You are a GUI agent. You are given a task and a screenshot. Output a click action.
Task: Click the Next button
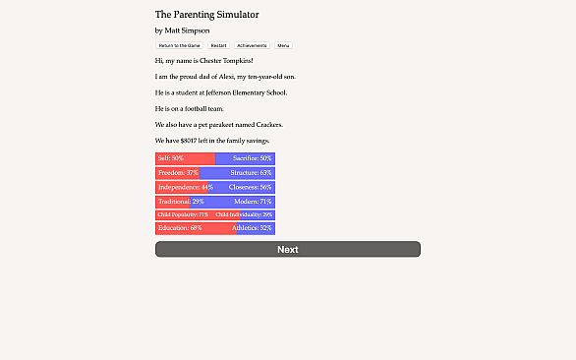(x=287, y=249)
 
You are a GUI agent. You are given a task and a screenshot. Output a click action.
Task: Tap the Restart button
(x=218, y=45)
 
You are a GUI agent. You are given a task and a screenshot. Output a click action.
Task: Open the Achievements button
(x=252, y=45)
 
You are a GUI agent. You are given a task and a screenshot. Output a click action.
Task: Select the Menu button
(x=283, y=45)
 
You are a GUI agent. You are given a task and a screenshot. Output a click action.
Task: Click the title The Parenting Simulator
(x=207, y=15)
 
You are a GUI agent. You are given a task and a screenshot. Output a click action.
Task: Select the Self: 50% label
(x=171, y=158)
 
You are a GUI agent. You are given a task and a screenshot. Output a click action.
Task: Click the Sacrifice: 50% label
(x=252, y=158)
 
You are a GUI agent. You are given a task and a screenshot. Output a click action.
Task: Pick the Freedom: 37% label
(x=178, y=172)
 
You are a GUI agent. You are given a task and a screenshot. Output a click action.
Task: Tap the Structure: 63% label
(x=251, y=172)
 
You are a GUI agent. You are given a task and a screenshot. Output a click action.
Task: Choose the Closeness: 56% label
(x=250, y=187)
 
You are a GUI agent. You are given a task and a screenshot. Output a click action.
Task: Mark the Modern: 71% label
(x=253, y=201)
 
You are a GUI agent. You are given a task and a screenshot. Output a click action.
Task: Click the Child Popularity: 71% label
(x=183, y=214)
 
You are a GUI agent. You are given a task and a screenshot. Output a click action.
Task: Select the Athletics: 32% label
(x=252, y=228)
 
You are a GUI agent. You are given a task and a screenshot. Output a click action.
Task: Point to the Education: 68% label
(x=180, y=228)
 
